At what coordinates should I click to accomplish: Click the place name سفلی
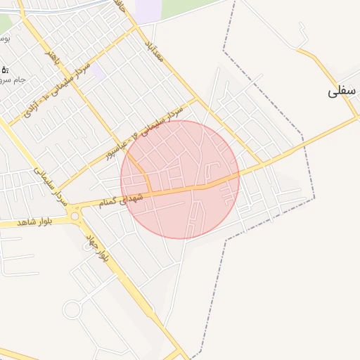click(x=343, y=91)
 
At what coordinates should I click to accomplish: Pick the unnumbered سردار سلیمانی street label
click(x=49, y=186)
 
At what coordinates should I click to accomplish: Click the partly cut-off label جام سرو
click(x=14, y=79)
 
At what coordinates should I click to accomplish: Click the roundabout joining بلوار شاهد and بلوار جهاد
click(x=75, y=217)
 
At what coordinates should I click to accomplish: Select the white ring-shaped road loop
click(x=72, y=309)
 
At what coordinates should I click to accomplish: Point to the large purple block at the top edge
click(x=148, y=10)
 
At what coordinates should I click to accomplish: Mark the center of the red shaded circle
click(x=180, y=179)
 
